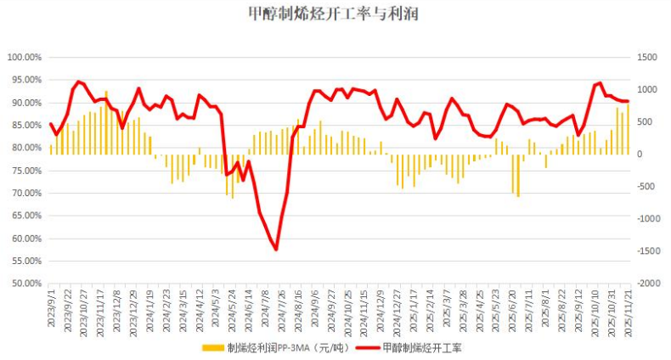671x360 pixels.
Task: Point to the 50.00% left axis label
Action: tap(25, 284)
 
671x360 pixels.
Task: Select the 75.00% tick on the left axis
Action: tap(25, 171)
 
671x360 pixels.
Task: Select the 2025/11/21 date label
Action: tap(628, 312)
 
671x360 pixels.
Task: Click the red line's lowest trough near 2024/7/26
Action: tap(276, 249)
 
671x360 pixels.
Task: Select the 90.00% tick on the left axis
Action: tap(25, 103)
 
